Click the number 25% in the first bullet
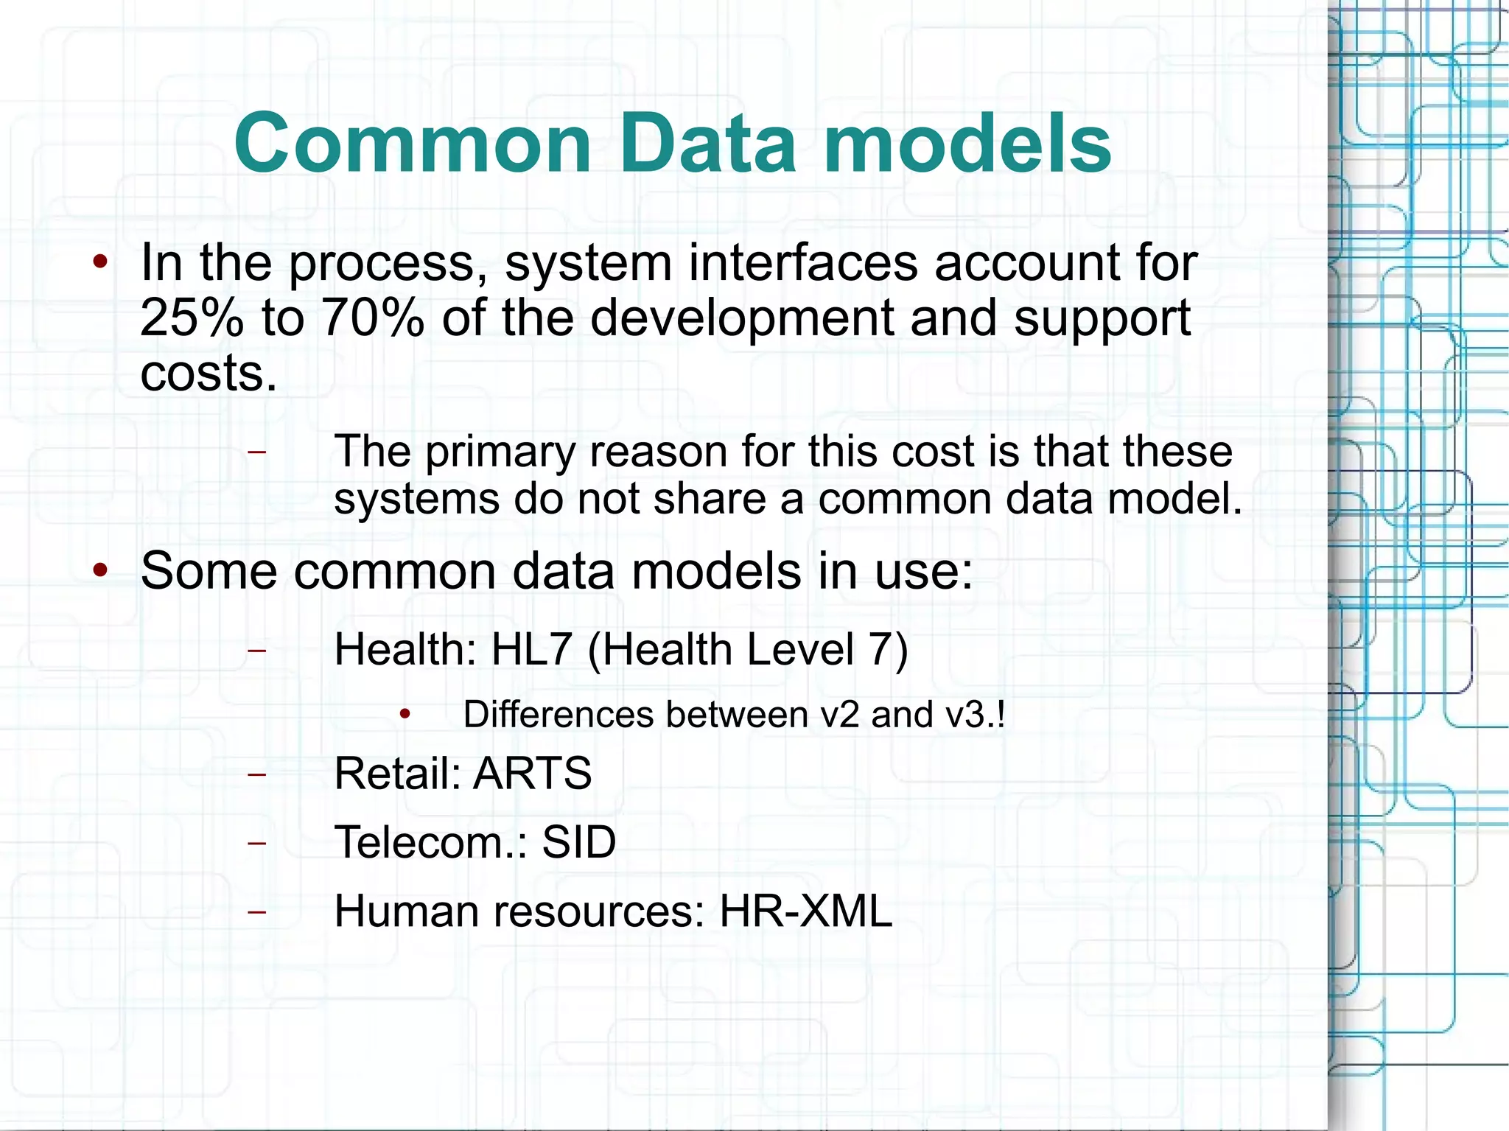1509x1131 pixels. pos(192,318)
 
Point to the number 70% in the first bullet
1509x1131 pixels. pos(373,318)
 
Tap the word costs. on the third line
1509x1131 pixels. pos(209,374)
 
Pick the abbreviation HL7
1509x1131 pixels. pos(531,649)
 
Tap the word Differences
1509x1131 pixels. pos(559,715)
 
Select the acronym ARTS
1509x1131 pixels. pos(533,774)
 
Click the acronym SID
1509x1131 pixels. pos(579,842)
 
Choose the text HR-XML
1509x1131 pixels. pos(805,911)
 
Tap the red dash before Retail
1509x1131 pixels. pos(256,774)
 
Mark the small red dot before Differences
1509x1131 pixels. pos(405,714)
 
